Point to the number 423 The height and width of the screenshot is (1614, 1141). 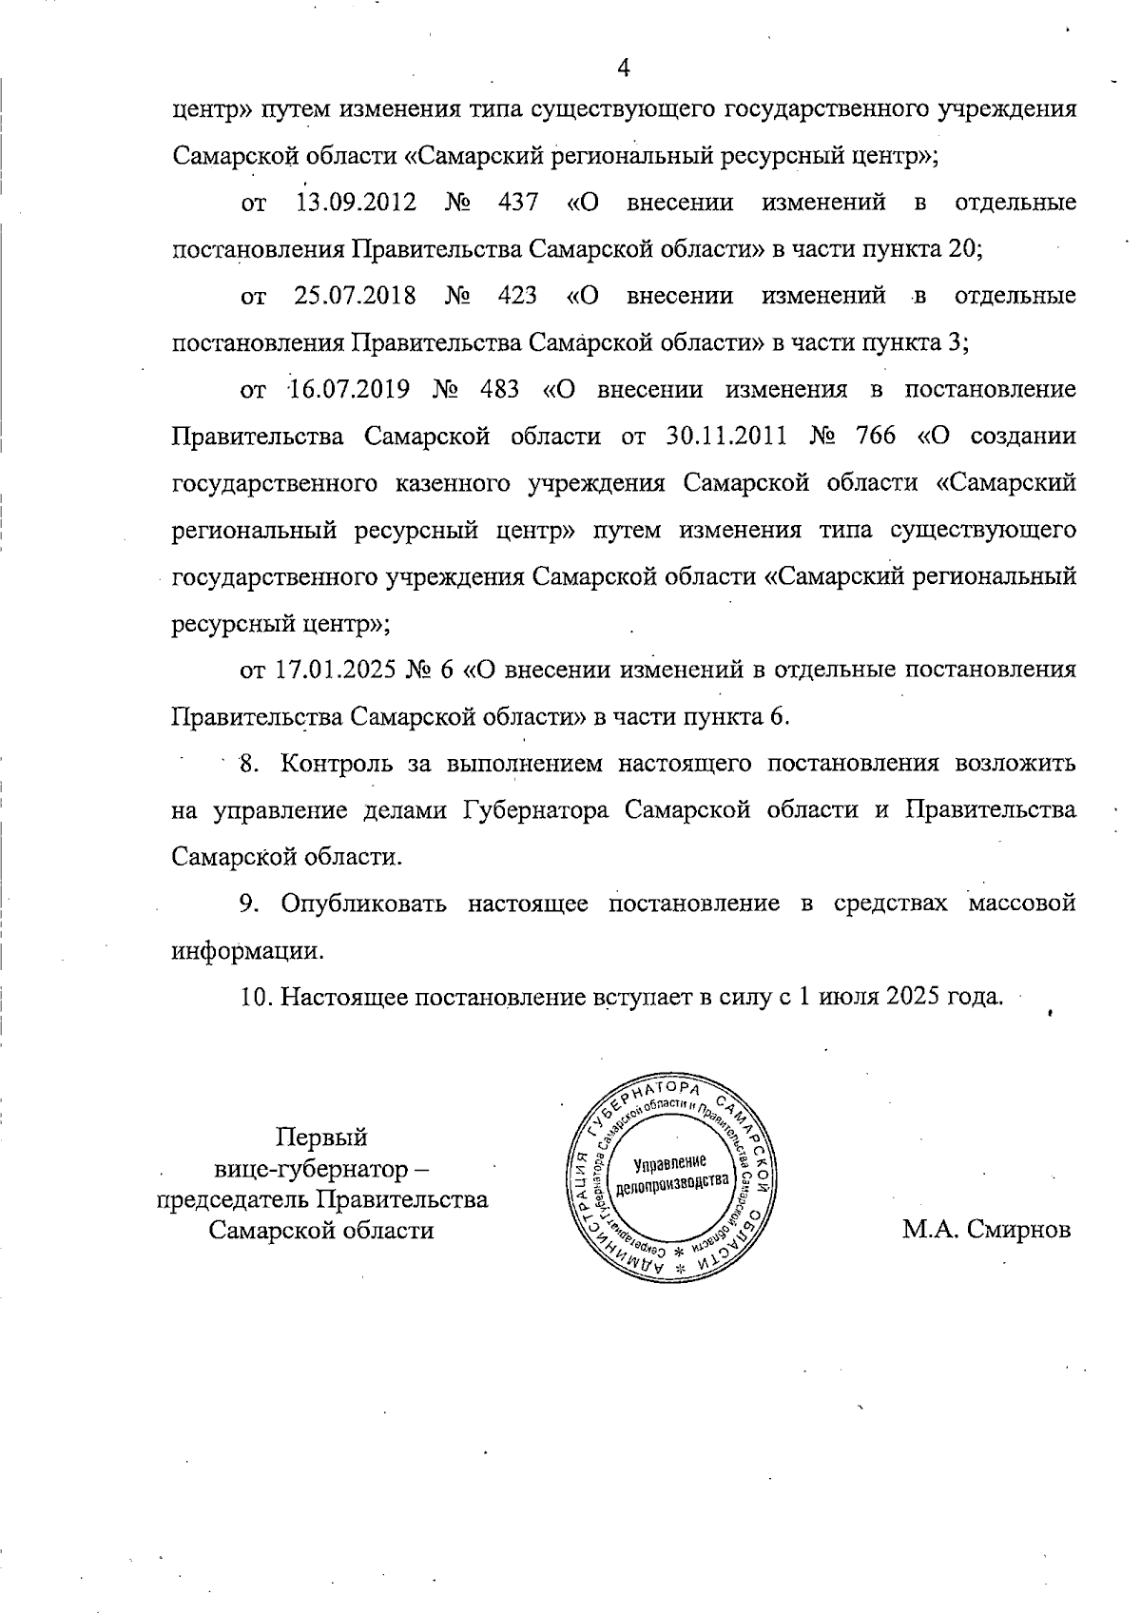click(x=517, y=296)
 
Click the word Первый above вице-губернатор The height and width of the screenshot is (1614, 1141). click(x=321, y=1138)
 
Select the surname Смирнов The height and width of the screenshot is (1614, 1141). click(x=1018, y=1230)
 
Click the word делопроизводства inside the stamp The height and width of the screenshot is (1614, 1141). click(x=673, y=1184)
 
